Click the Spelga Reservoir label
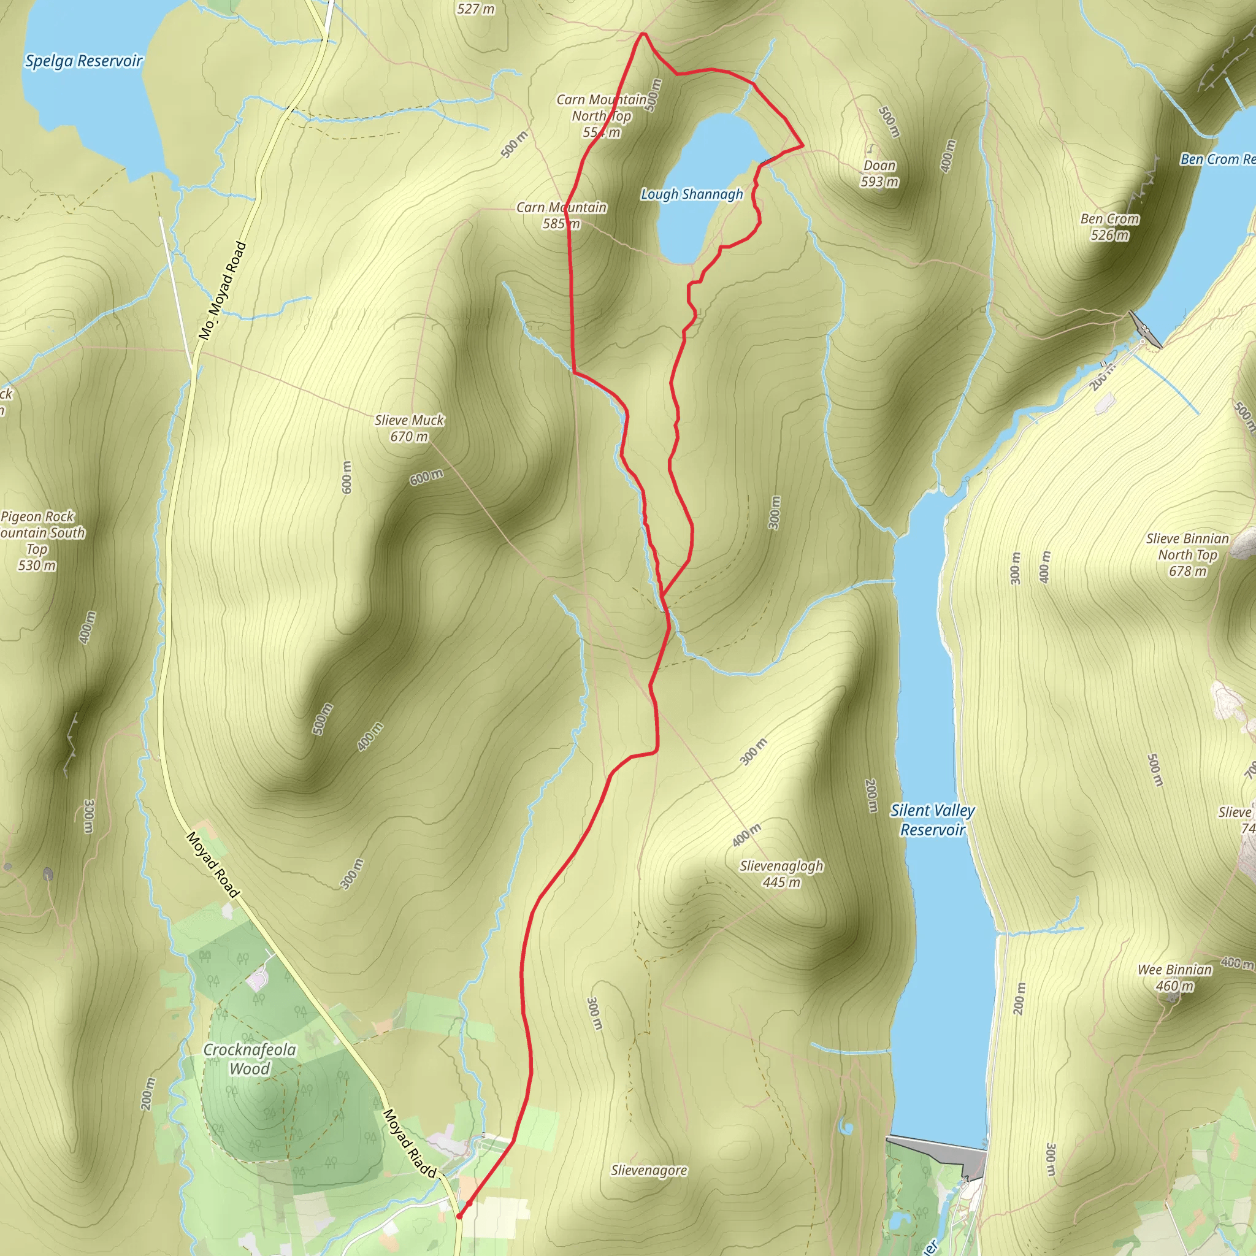coord(83,61)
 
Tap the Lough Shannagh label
coord(692,194)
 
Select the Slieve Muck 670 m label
coord(409,429)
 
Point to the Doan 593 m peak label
coord(879,174)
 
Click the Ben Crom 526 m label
coord(1109,227)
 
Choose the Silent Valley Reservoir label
coord(932,820)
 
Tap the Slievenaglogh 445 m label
coord(781,874)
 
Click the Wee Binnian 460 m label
coord(1174,978)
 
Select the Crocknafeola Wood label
coord(250,1059)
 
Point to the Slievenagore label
coord(649,1171)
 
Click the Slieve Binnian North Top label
coord(1187,554)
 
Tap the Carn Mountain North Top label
coord(602,116)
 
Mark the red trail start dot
coord(459,1216)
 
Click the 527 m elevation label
coord(475,9)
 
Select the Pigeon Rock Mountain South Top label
coord(39,540)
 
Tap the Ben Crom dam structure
coord(1145,329)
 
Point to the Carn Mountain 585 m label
coord(561,215)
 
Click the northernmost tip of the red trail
coord(643,33)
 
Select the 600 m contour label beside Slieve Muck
coord(426,477)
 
